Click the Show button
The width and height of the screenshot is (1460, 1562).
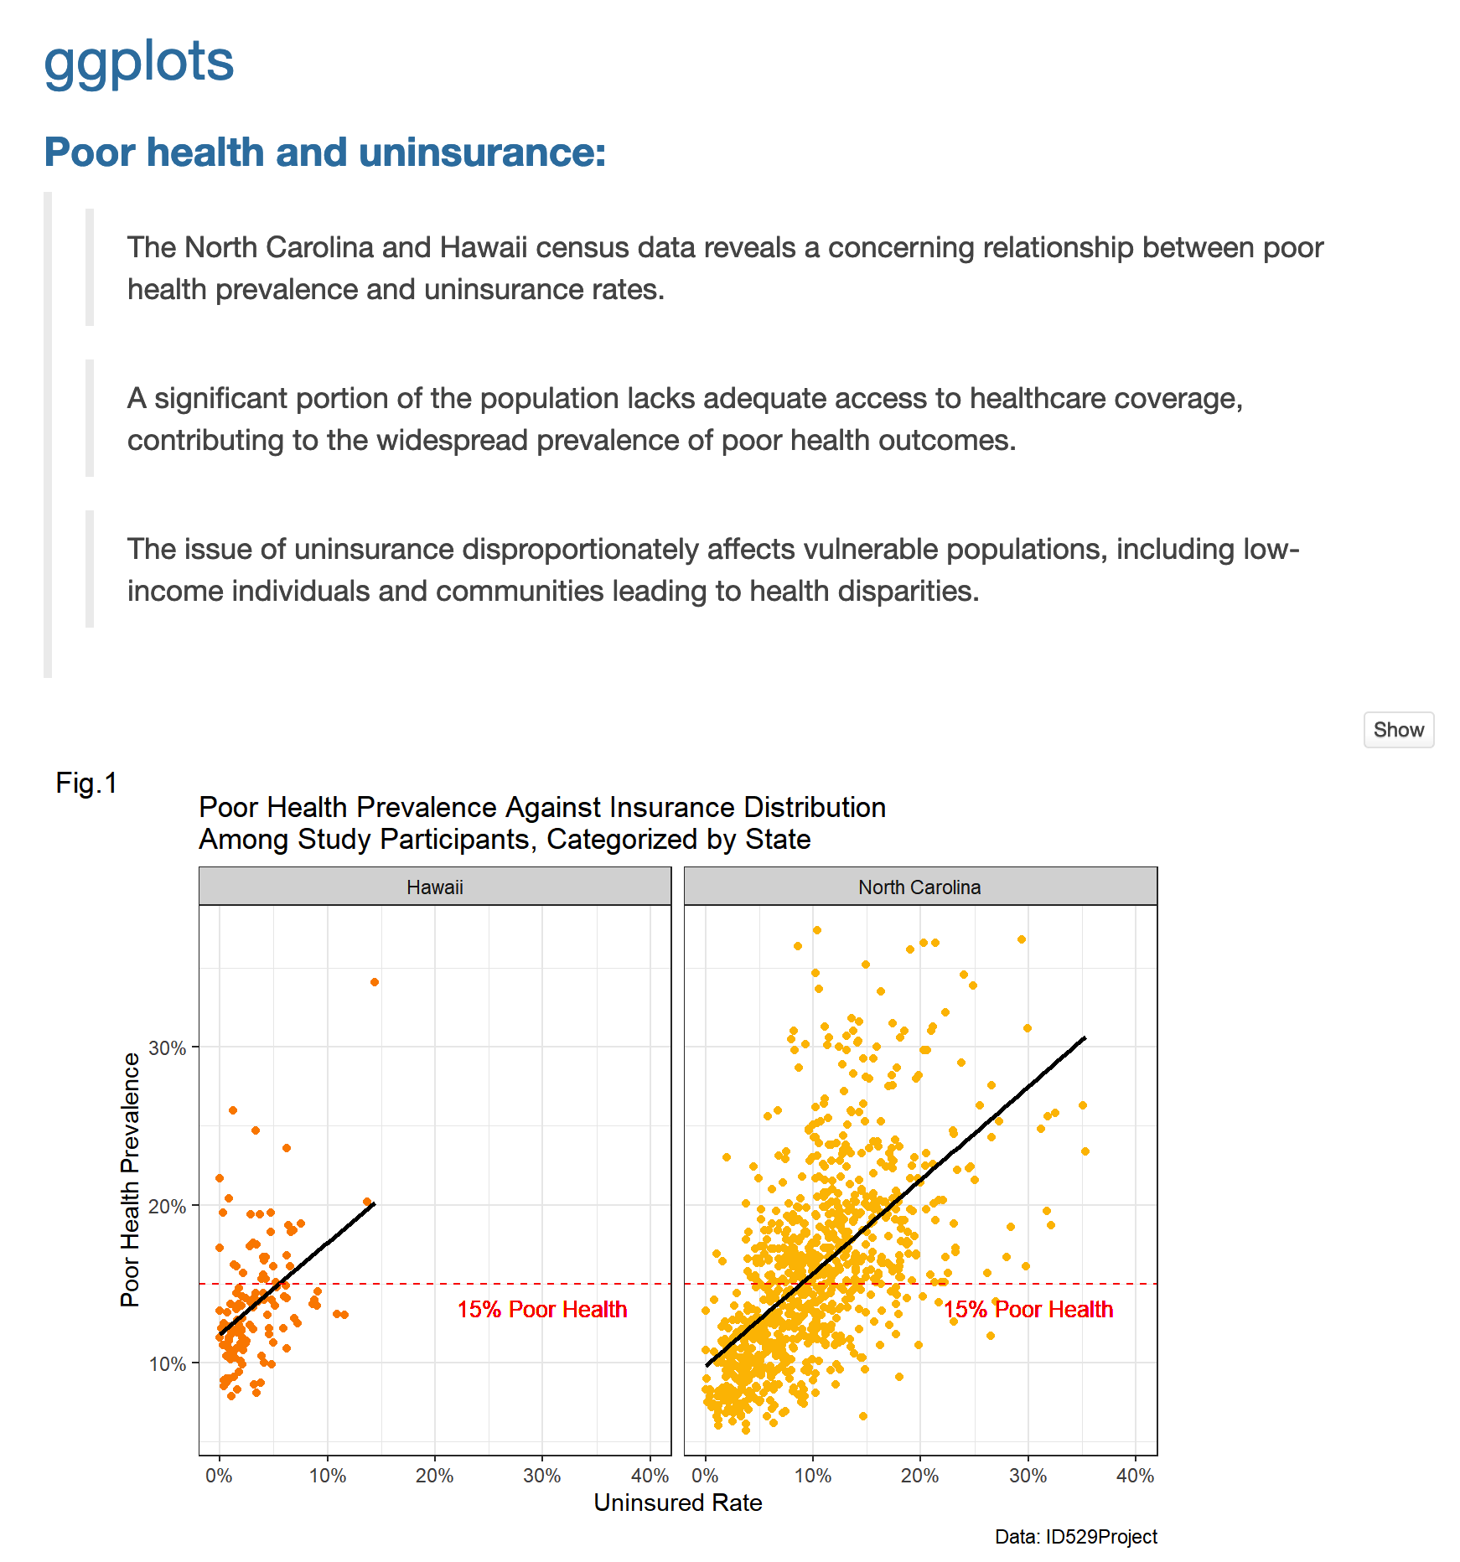coord(1398,730)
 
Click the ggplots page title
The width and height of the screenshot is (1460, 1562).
coord(139,62)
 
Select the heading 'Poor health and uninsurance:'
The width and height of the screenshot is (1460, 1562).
coord(325,153)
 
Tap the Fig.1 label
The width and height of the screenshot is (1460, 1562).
coord(86,784)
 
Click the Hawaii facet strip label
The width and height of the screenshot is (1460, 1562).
coord(434,887)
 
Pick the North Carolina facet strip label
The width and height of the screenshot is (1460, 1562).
coord(919,887)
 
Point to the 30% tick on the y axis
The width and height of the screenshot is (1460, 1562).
coord(168,1048)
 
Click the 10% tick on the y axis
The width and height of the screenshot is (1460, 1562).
coord(168,1364)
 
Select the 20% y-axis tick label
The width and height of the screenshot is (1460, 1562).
coord(168,1207)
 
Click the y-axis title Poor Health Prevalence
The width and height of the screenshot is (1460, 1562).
coord(130,1180)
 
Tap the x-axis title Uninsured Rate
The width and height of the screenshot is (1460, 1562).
coord(677,1503)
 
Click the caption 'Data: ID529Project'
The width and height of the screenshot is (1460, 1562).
coord(1075,1537)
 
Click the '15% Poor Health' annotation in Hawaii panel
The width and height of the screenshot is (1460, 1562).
coord(542,1310)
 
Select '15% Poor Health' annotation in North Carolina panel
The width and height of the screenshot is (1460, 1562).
coord(1028,1310)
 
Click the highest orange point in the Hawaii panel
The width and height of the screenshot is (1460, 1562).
coord(375,982)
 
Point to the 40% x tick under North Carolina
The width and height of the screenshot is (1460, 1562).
coord(1135,1477)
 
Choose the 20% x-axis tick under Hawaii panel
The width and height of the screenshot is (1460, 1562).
coord(434,1477)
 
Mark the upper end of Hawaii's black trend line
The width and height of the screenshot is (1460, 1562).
coord(374,1204)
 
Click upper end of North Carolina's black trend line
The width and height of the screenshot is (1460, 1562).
coord(1085,1038)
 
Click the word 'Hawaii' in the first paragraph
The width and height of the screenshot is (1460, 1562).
coord(484,248)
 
